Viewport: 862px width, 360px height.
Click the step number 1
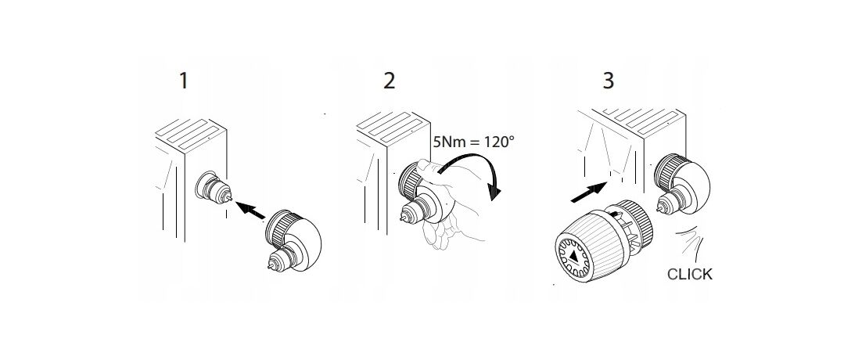(x=184, y=81)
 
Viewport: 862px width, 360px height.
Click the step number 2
(x=390, y=81)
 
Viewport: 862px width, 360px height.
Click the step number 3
(x=608, y=81)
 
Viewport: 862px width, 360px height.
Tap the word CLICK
(x=689, y=274)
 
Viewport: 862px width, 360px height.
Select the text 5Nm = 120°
(x=474, y=141)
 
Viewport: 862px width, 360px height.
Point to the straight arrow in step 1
(x=250, y=210)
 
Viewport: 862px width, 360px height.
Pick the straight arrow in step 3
(x=589, y=193)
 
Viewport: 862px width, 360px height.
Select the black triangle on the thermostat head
(x=573, y=256)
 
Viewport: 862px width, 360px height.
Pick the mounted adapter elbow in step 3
(x=681, y=184)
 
